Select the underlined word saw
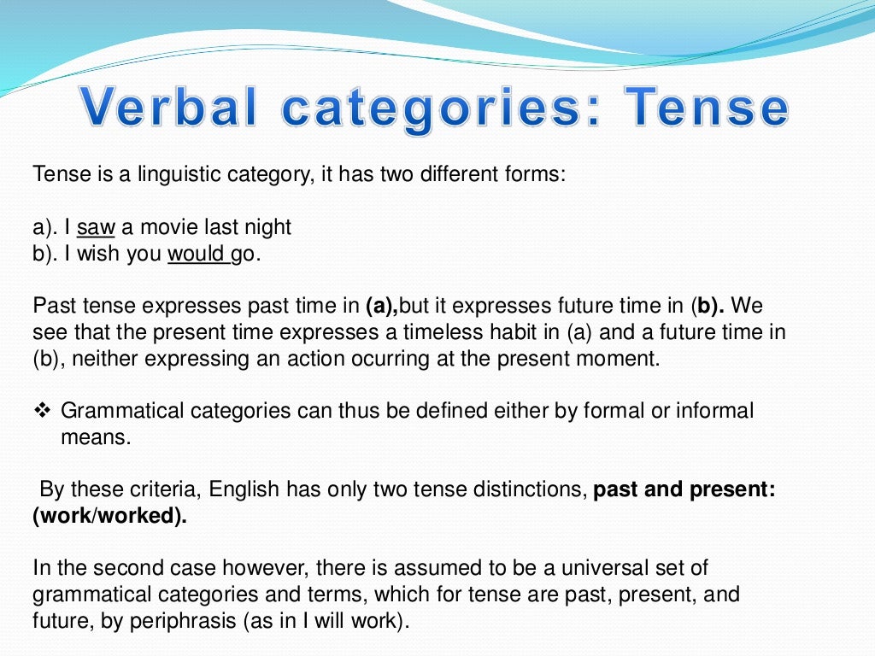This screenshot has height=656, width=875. [x=96, y=228]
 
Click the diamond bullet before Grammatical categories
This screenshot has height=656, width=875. [x=43, y=411]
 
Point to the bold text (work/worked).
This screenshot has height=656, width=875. [x=109, y=517]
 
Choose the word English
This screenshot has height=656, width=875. [x=244, y=490]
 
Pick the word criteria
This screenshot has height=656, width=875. [x=161, y=490]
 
